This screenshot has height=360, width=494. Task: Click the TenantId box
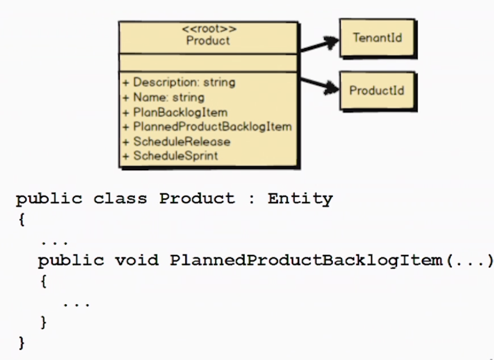[x=378, y=38]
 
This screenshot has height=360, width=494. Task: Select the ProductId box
[x=378, y=91]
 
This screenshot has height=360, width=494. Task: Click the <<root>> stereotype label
[x=209, y=29]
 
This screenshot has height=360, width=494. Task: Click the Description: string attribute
[x=179, y=83]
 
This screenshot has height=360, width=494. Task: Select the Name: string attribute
[x=164, y=97]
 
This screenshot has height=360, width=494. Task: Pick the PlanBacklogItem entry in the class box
[x=175, y=112]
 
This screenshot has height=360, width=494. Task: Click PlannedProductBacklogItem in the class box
[x=207, y=127]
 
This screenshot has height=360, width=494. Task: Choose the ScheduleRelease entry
[x=177, y=142]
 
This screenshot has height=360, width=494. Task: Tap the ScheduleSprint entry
[x=170, y=156]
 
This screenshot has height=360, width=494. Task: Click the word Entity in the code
[x=300, y=199]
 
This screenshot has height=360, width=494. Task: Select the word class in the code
[x=120, y=199]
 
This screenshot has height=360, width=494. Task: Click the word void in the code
[x=137, y=260]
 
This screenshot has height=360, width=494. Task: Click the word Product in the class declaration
[x=197, y=199]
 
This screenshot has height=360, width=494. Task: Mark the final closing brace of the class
[x=21, y=343]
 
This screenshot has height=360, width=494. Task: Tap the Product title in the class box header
[x=208, y=41]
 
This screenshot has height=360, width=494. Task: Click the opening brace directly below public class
[x=21, y=219]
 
